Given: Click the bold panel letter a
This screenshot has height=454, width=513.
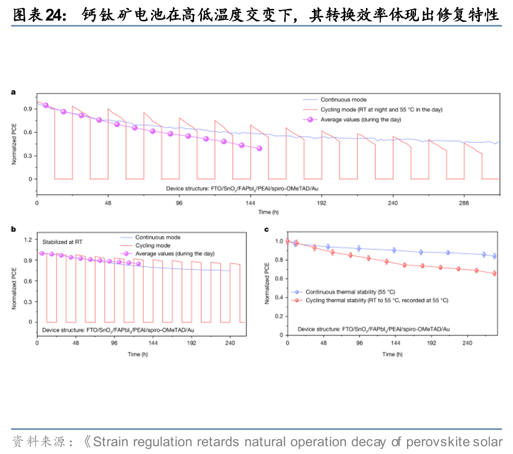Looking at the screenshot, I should coord(13,92).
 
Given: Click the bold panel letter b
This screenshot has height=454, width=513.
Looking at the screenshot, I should coord(13,229).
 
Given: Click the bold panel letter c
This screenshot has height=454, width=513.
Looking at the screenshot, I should coord(266,229).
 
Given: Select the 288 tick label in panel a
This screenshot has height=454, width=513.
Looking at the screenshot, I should coord(464,204).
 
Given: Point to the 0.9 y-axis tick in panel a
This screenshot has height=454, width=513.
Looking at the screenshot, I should coord(27,109).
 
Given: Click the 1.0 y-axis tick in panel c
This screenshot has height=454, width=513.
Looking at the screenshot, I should coord(278,241).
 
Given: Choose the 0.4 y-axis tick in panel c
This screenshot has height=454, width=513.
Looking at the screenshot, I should coord(278,297).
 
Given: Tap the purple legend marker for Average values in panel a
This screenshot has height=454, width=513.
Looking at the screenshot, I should coord(310,119).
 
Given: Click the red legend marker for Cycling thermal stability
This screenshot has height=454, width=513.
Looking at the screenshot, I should coord(296,300).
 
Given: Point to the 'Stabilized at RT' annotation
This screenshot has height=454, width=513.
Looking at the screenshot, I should coord(62,242).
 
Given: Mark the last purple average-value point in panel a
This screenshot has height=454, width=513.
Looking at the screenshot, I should coord(259,148).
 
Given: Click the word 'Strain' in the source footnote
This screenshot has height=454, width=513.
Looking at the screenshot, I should coord(109,442).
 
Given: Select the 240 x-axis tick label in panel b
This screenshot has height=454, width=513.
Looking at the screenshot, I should coord(230,342).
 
